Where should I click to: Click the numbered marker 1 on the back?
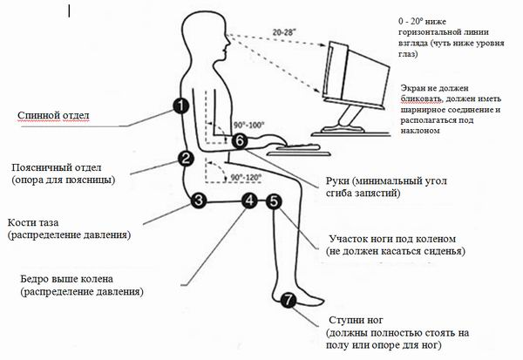pyautogui.click(x=180, y=106)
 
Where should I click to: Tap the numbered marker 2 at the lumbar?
pyautogui.click(x=185, y=158)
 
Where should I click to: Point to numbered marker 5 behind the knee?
pyautogui.click(x=274, y=201)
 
